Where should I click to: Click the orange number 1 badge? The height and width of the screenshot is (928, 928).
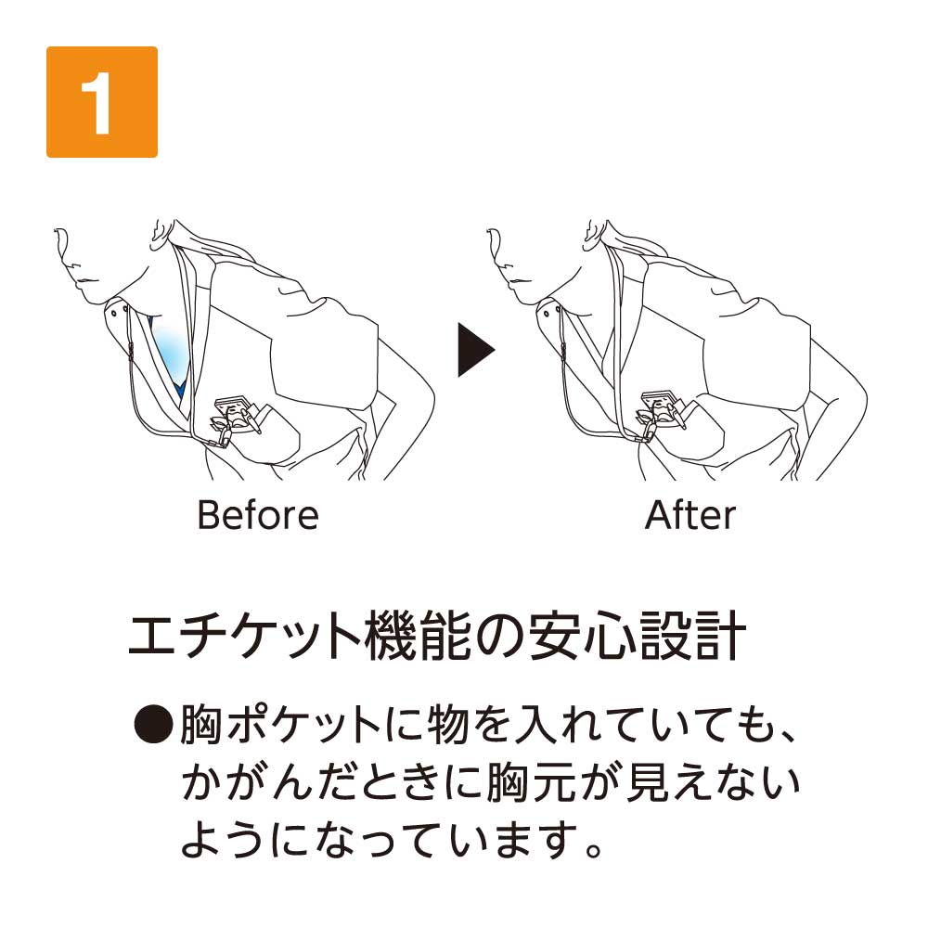(102, 102)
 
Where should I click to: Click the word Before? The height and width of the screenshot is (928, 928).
(258, 515)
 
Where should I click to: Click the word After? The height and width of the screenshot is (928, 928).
(690, 515)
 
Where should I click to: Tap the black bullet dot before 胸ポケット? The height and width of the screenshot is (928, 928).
(153, 725)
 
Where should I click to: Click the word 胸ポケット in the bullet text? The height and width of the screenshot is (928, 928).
(280, 725)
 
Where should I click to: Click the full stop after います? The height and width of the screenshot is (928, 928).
(592, 850)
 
